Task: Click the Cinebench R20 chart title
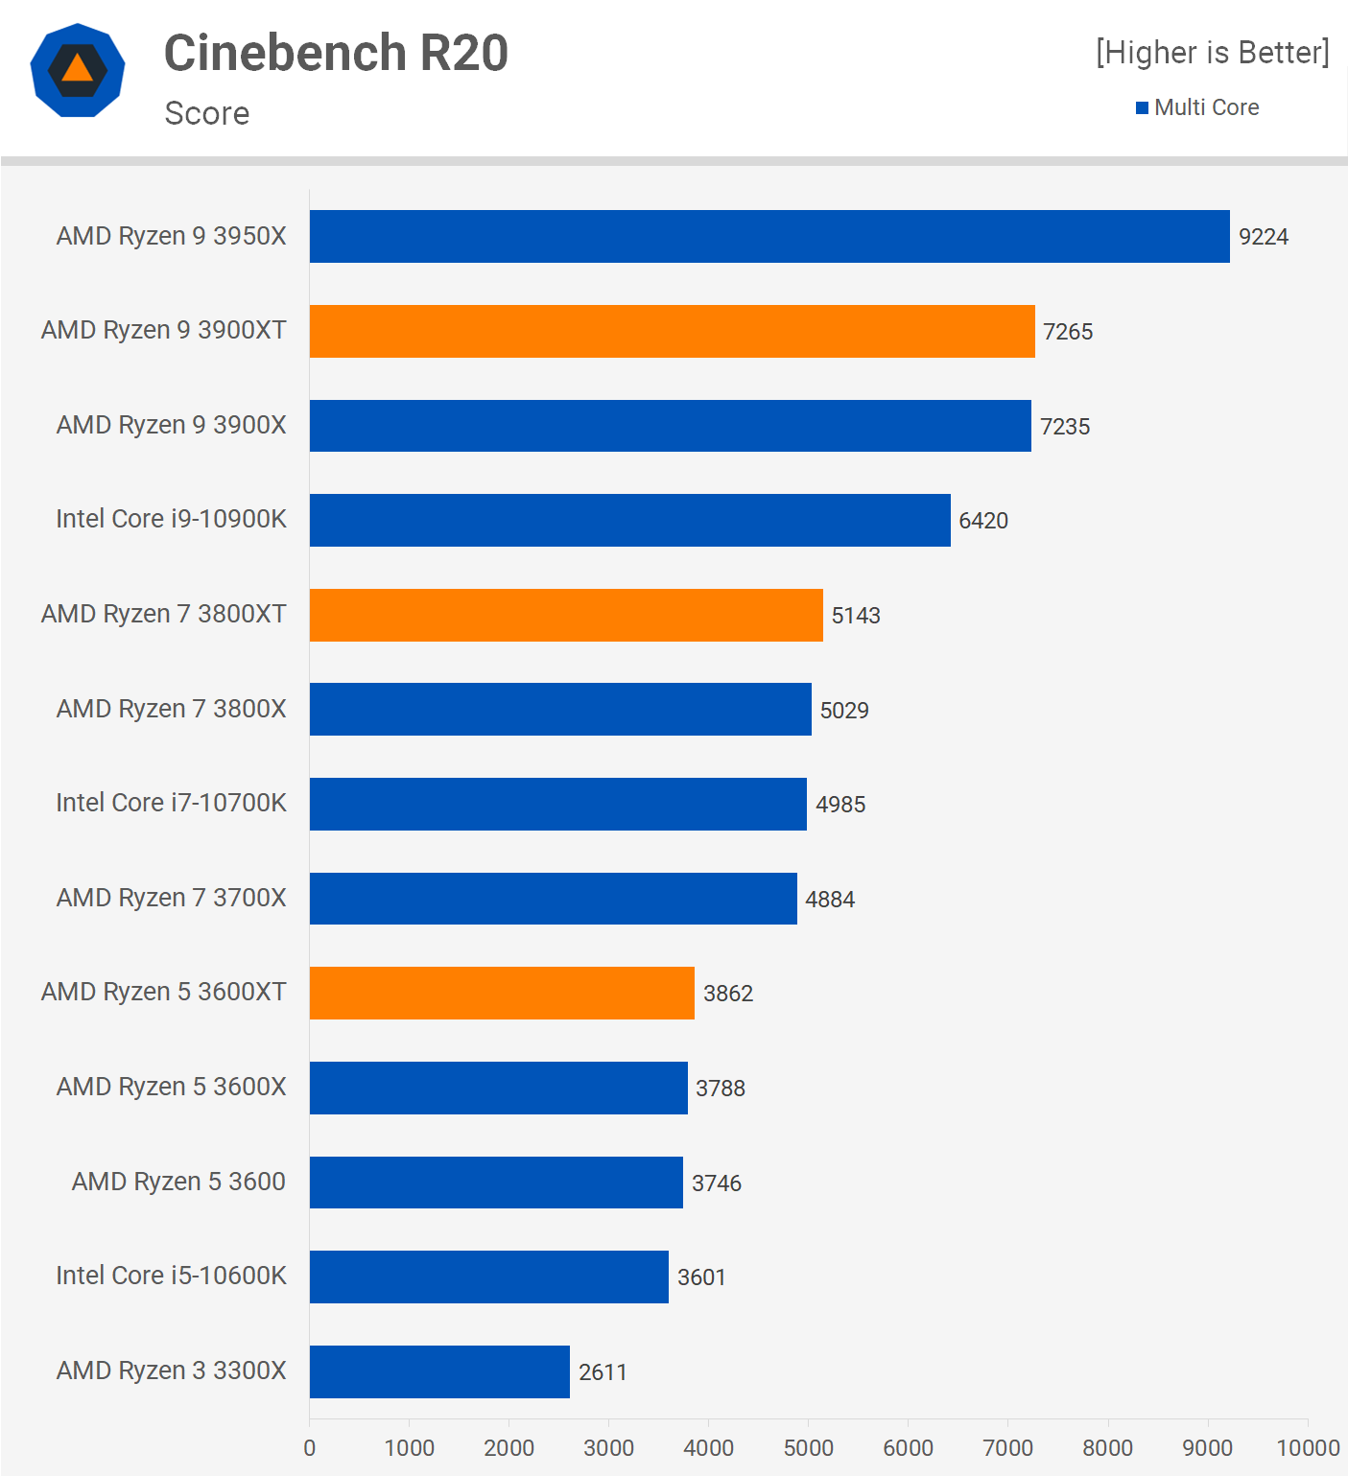(336, 53)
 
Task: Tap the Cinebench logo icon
(78, 70)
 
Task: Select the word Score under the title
(207, 113)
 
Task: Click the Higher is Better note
(1213, 53)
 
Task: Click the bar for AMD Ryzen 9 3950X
(769, 236)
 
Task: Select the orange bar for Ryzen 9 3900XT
(672, 331)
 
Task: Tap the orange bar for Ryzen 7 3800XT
(566, 615)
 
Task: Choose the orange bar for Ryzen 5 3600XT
(502, 993)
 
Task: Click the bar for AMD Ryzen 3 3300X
(439, 1371)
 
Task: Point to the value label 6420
(983, 521)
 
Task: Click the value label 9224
(1263, 237)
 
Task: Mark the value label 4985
(840, 805)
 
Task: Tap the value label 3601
(701, 1277)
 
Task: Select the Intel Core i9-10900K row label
(171, 519)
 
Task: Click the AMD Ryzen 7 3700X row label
(171, 898)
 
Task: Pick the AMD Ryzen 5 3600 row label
(178, 1182)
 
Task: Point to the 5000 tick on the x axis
(808, 1447)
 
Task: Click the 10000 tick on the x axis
(1307, 1447)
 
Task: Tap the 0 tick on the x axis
(309, 1447)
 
